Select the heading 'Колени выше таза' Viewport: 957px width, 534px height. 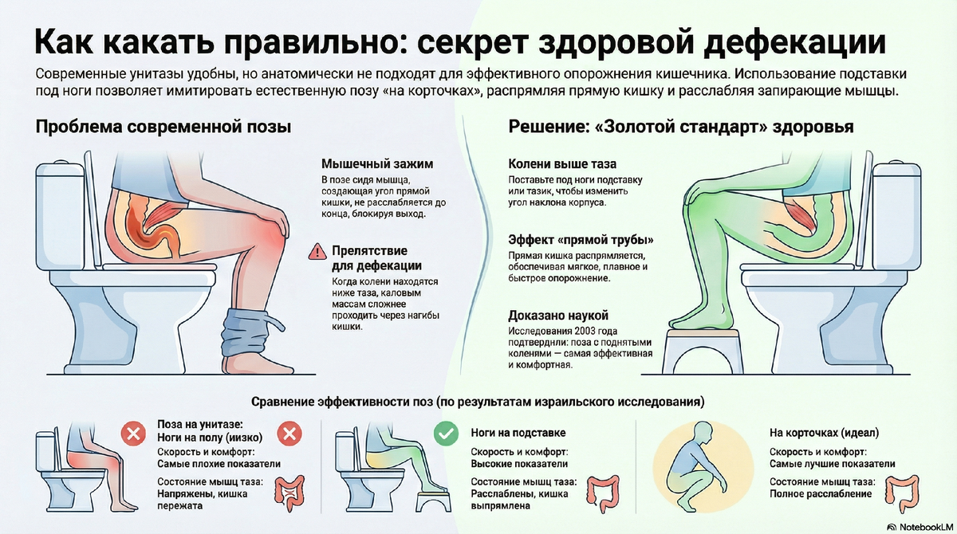(562, 163)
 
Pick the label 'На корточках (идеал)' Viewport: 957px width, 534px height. (824, 434)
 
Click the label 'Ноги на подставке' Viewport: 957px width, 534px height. (518, 433)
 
